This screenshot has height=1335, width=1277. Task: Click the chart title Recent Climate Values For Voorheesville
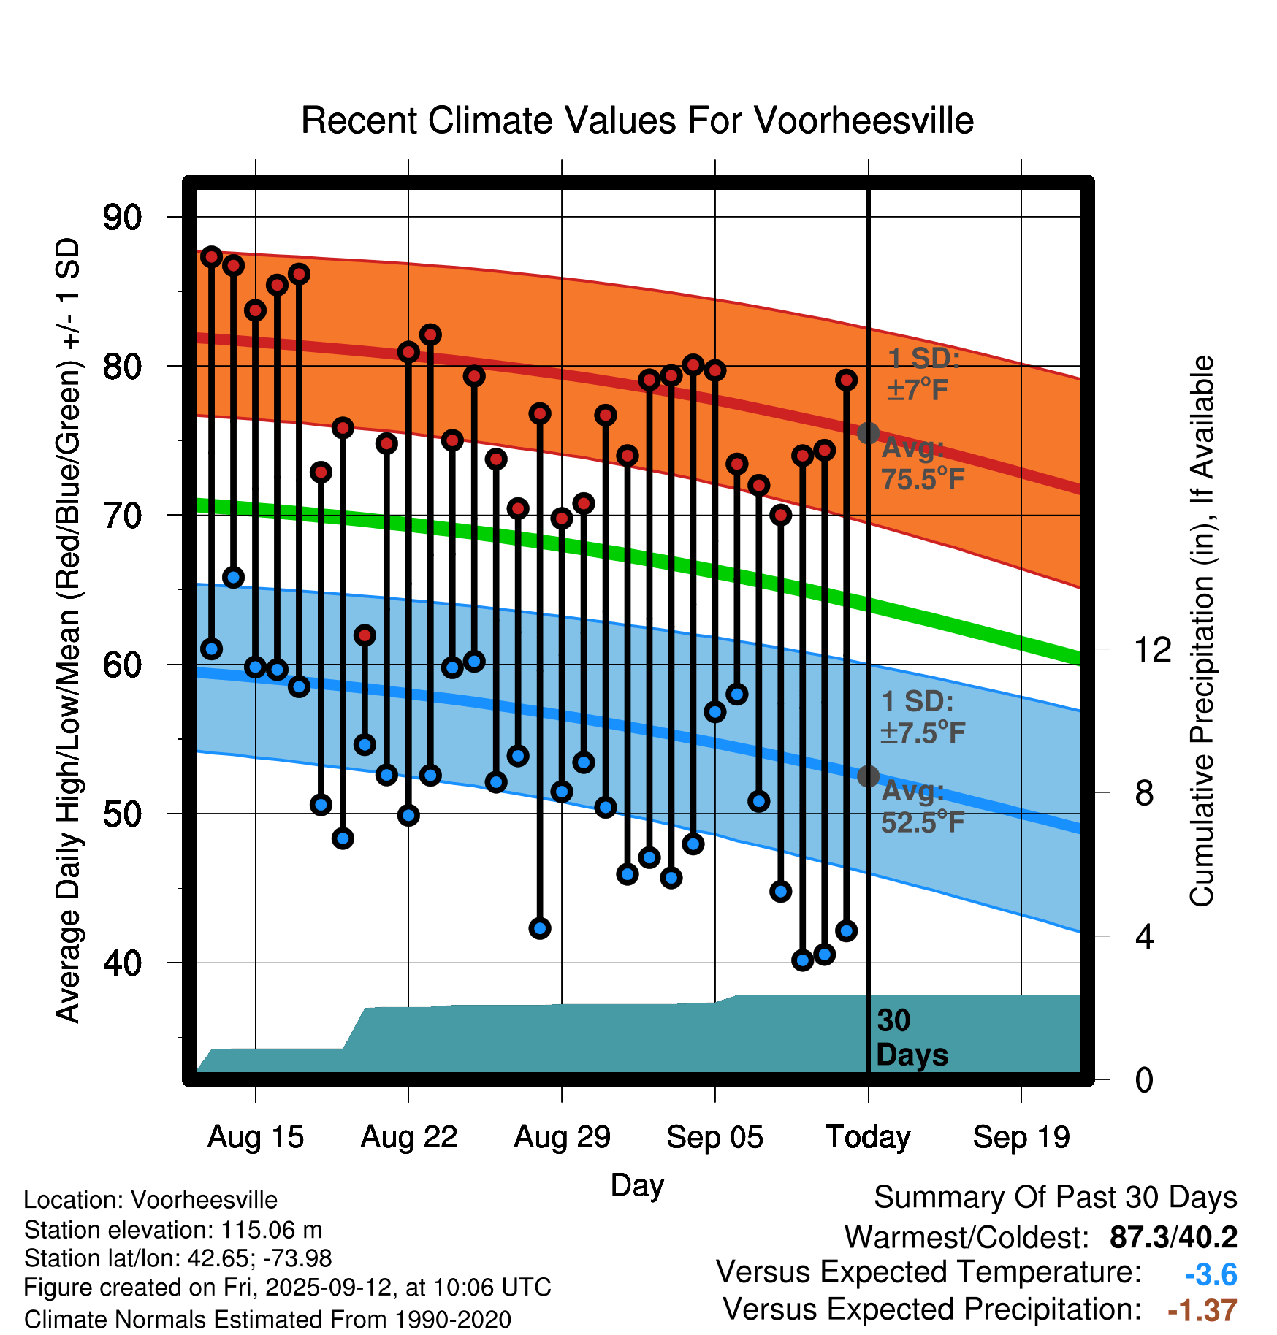click(x=637, y=121)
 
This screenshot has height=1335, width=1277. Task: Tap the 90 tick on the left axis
click(x=122, y=217)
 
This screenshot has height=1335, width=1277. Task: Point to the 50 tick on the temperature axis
click(x=122, y=814)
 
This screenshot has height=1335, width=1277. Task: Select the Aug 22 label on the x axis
click(x=408, y=1137)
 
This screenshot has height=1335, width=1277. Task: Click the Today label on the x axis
click(x=868, y=1137)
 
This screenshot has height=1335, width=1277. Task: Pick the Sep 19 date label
click(x=1021, y=1137)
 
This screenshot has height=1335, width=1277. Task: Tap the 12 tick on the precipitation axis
click(x=1152, y=649)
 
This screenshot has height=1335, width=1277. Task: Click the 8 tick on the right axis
click(x=1144, y=792)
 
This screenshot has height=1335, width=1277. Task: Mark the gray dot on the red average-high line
click(x=868, y=433)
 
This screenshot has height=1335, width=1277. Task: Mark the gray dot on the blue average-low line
click(x=868, y=776)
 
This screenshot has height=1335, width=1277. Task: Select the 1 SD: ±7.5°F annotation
click(x=922, y=717)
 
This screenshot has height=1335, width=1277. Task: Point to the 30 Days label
click(x=911, y=1038)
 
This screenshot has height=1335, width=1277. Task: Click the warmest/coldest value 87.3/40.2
click(x=1173, y=1237)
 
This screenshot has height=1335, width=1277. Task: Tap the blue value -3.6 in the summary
click(x=1211, y=1274)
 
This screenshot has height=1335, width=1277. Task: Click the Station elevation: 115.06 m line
click(x=173, y=1230)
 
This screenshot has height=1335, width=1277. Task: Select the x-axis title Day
click(x=637, y=1185)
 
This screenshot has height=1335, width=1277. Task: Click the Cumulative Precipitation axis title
click(x=1202, y=631)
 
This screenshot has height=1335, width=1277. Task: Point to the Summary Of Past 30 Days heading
click(x=1055, y=1198)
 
